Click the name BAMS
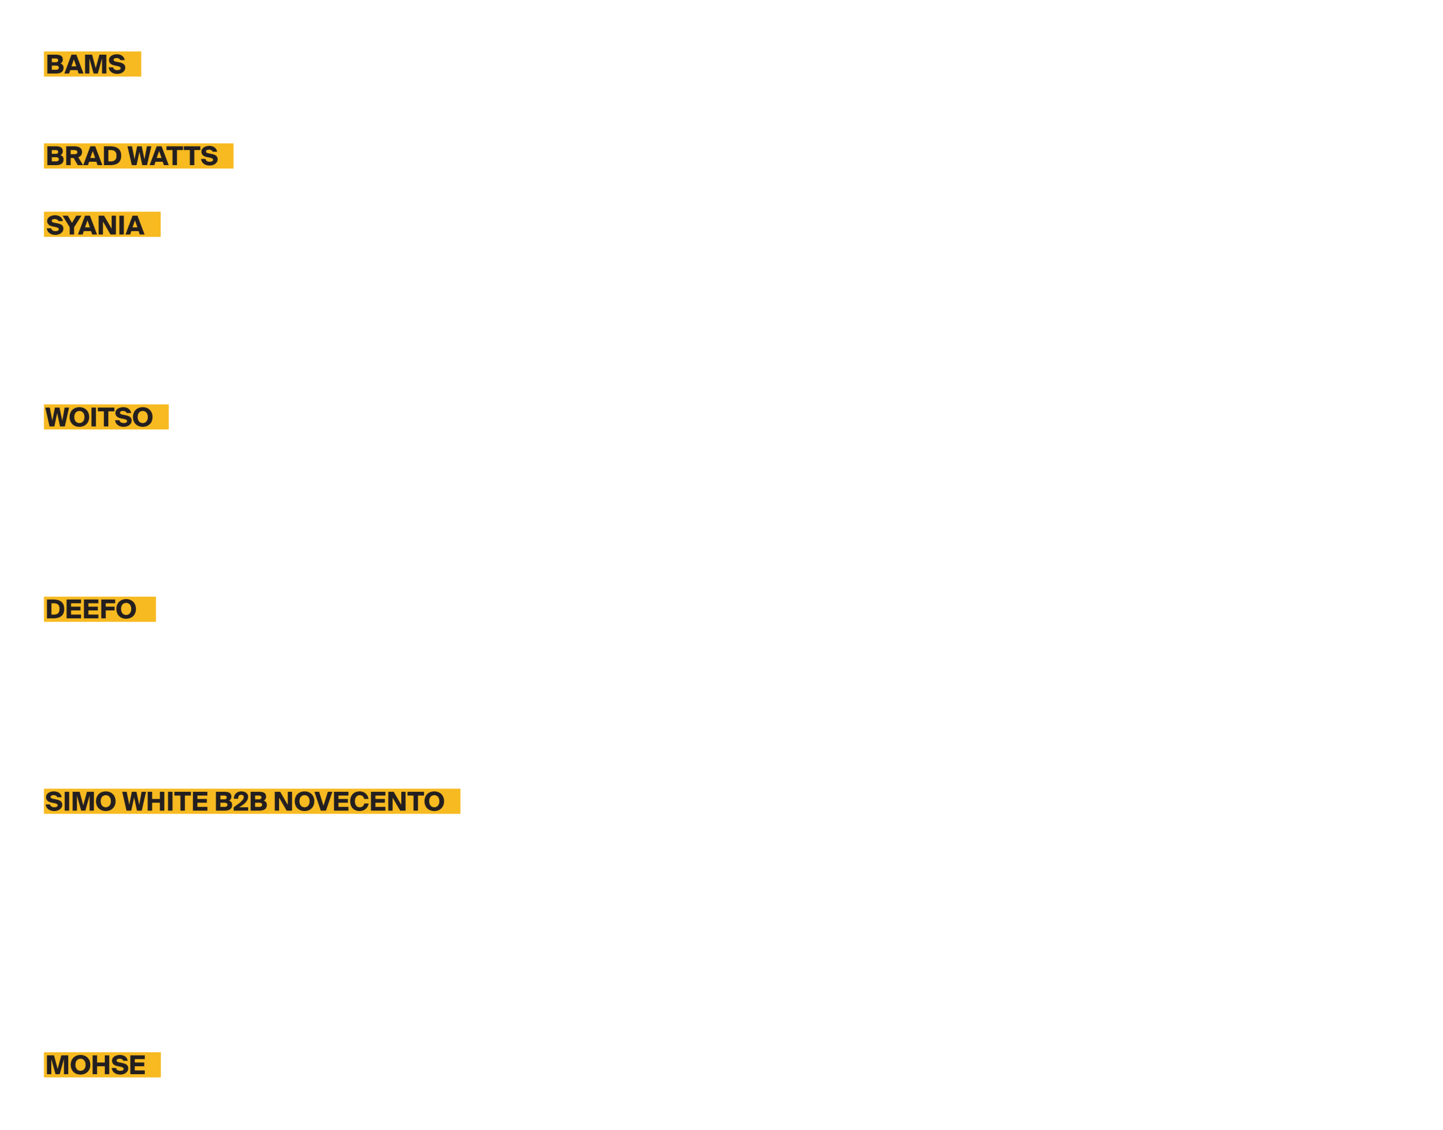(85, 65)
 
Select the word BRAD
(84, 156)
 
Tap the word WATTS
(172, 156)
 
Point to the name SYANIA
(95, 225)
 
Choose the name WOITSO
(99, 418)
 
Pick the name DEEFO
(91, 609)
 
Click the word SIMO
(80, 802)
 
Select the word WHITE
(165, 802)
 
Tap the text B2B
(241, 802)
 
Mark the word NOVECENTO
(358, 802)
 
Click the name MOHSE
(95, 1065)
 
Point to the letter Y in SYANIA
(73, 225)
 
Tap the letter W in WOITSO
(57, 418)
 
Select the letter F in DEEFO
(107, 609)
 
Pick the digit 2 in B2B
(241, 802)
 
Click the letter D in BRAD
(112, 156)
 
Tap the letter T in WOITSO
(105, 418)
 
